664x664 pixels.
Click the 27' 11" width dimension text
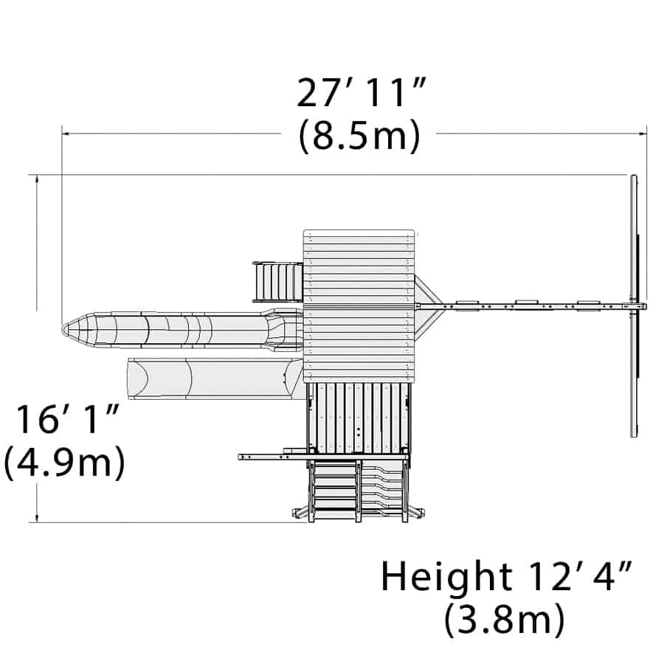(360, 92)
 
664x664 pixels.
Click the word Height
(447, 576)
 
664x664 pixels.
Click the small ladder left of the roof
(278, 282)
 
